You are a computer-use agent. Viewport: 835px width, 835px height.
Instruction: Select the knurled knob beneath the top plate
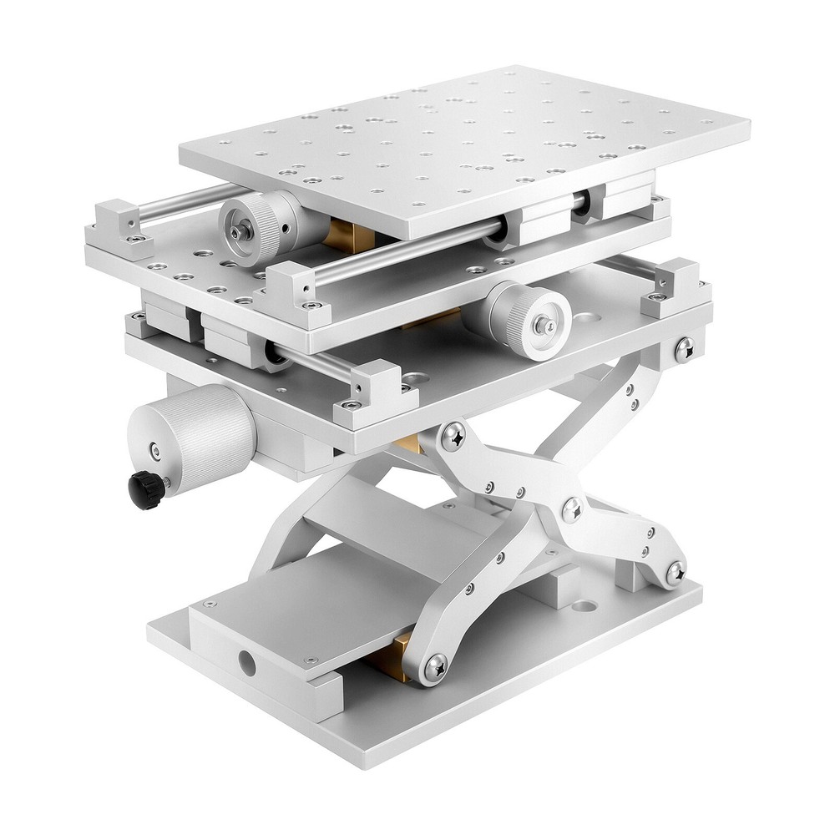point(256,228)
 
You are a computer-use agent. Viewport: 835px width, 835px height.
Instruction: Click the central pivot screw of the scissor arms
point(574,509)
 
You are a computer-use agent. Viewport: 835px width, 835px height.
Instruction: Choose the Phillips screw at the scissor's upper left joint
point(454,433)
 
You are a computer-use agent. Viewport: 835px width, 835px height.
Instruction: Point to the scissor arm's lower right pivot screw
point(675,572)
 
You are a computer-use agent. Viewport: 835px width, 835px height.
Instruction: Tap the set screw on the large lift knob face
point(154,452)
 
